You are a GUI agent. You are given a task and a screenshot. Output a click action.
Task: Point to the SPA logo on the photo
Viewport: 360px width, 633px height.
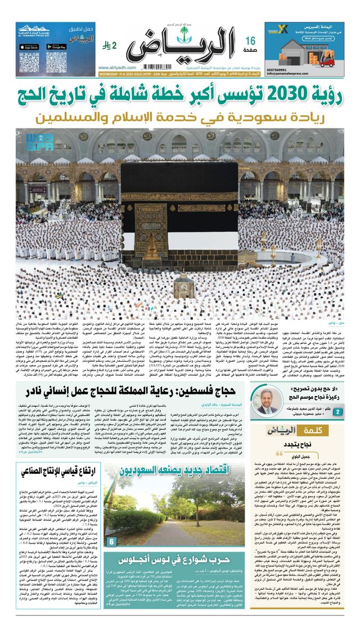point(30,138)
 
